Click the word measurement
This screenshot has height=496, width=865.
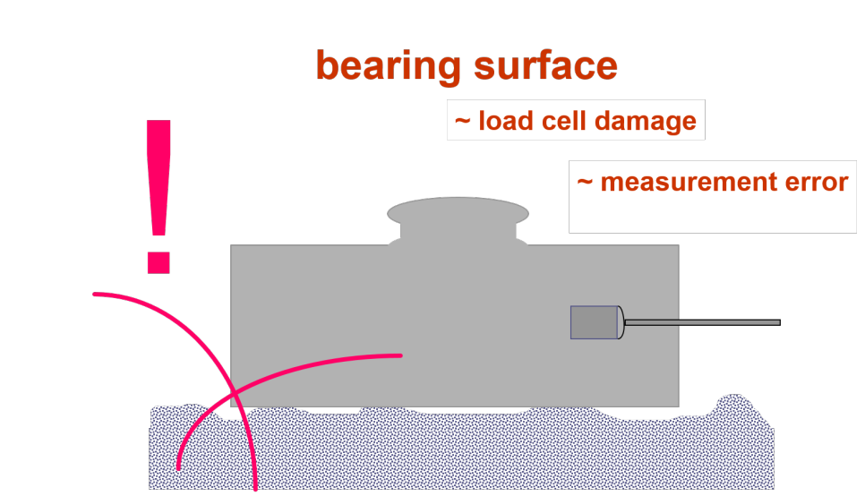(689, 183)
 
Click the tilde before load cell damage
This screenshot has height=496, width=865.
(462, 122)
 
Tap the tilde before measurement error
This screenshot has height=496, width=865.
(585, 183)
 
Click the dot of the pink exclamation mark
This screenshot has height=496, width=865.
(158, 261)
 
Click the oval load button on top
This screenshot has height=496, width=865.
(458, 212)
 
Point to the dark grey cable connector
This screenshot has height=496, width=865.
(595, 322)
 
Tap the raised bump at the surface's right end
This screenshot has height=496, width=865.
(735, 405)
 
